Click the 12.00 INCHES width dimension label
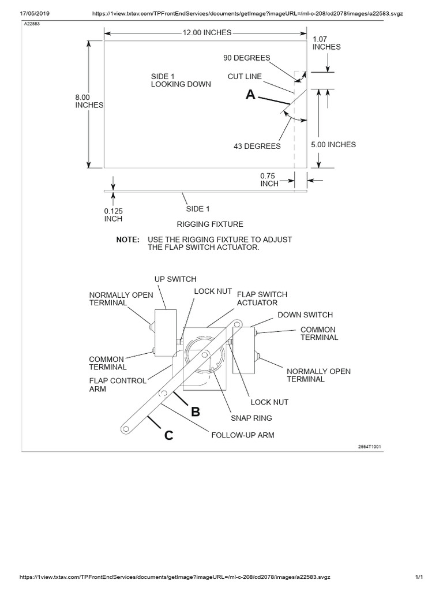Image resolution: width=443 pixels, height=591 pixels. click(x=207, y=33)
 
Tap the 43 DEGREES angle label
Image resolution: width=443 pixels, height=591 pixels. click(x=257, y=147)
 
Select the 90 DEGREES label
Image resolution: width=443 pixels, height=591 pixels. click(x=246, y=58)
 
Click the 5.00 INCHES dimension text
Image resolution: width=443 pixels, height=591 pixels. click(x=333, y=145)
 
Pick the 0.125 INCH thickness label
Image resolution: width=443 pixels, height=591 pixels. click(x=114, y=215)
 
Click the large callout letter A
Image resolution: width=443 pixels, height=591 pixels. click(x=250, y=95)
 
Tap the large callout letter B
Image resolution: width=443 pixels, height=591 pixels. click(x=196, y=412)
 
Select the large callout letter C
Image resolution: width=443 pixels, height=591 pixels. click(x=168, y=436)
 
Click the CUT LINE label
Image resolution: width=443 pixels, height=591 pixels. click(x=245, y=76)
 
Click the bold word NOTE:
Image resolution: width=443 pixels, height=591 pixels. click(x=127, y=239)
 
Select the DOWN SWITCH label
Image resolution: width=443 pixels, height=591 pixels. click(x=305, y=315)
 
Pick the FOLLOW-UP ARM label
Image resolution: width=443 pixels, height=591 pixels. click(x=242, y=435)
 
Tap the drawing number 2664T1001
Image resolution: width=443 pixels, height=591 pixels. click(x=369, y=447)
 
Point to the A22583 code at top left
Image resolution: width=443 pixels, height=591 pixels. click(x=32, y=25)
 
